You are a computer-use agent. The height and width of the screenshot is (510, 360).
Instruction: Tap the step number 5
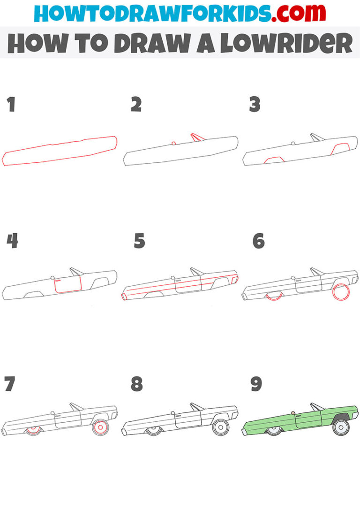139,241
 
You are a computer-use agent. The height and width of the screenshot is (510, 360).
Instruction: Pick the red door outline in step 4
67,285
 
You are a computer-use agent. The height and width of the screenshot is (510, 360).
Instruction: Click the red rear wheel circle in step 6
341,291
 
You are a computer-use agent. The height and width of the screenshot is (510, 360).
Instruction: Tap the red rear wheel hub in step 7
100,427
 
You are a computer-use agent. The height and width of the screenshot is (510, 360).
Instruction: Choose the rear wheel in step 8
220,427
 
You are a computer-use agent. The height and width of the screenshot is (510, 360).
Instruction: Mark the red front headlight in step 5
124,297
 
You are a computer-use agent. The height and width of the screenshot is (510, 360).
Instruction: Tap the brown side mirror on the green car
292,413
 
